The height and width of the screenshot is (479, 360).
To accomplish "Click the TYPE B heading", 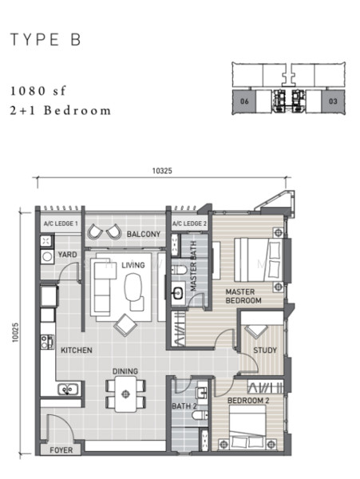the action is click(x=45, y=40).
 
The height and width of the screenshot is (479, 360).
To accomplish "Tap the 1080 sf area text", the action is click(x=38, y=91).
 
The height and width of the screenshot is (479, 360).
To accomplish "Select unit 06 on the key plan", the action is click(x=244, y=101).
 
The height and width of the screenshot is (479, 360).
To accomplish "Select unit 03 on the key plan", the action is click(x=333, y=101).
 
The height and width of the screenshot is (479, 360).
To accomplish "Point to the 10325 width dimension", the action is click(x=162, y=171).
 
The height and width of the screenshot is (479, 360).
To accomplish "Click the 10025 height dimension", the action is click(x=15, y=332).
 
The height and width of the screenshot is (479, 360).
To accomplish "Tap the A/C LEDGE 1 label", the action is click(x=61, y=224).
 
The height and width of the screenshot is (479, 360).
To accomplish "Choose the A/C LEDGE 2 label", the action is click(x=189, y=224).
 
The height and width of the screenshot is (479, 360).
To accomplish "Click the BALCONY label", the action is click(x=144, y=234).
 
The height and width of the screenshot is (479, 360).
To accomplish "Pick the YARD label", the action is click(x=68, y=255).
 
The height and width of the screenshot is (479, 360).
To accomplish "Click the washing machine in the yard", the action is click(x=47, y=256).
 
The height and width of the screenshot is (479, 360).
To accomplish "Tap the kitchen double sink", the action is click(x=68, y=390).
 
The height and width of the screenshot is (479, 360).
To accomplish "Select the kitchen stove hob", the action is click(x=47, y=342).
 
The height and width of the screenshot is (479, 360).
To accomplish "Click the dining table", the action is click(x=125, y=394).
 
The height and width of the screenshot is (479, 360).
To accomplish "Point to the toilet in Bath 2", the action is click(x=200, y=415).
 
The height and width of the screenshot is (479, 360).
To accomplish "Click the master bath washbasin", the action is click(x=178, y=294).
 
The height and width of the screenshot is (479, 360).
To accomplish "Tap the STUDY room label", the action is click(x=265, y=350).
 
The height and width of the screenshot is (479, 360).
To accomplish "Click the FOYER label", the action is click(x=61, y=450).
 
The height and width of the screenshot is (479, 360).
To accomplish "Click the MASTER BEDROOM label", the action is click(x=243, y=296).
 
